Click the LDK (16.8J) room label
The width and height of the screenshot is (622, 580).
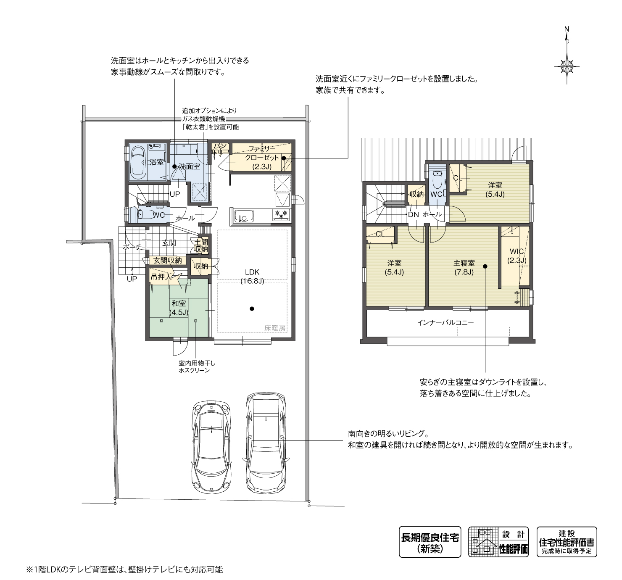coord(252,277)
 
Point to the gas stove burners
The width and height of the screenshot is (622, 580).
coord(281,214)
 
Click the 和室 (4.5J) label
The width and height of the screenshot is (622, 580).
coord(179,308)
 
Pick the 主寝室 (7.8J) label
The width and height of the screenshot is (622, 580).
coord(464,267)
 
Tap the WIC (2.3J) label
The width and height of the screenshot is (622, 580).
coord(517,256)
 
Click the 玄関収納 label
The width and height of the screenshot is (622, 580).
coord(167,261)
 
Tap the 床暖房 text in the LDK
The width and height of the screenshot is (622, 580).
coord(275,328)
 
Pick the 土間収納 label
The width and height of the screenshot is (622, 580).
coord(201,245)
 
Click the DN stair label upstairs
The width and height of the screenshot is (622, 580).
coord(414,215)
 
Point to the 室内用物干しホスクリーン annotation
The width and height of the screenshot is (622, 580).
coord(197,366)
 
